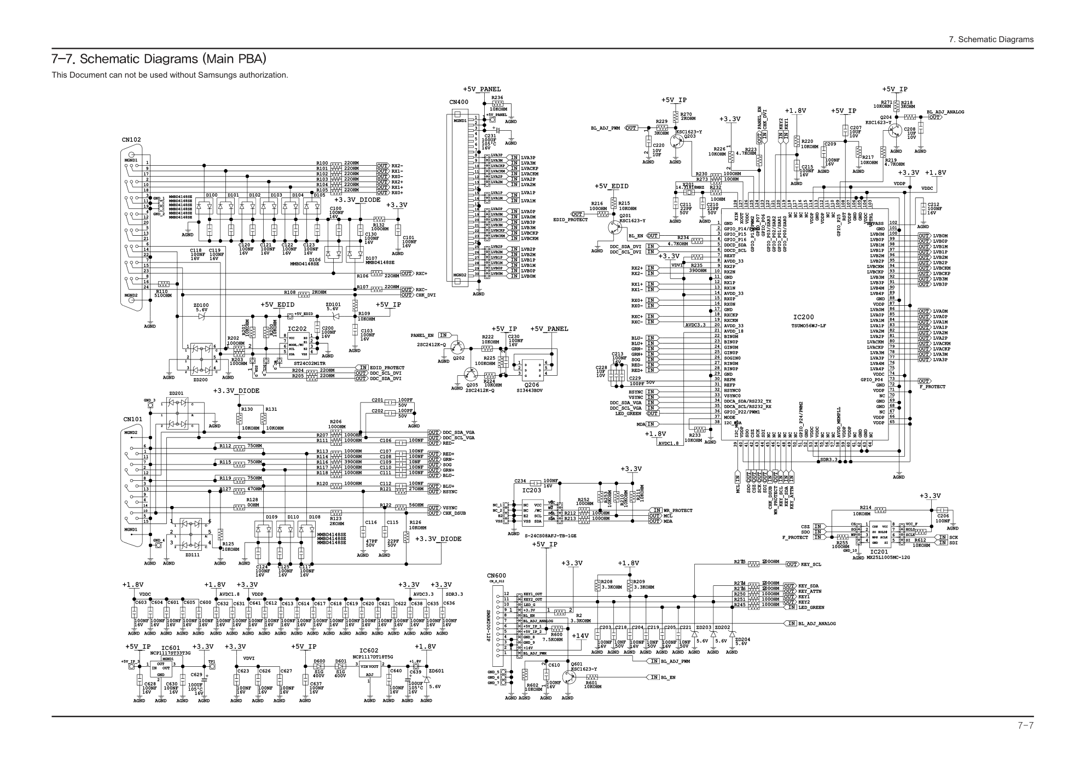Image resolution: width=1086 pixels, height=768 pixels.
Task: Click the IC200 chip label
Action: click(803, 317)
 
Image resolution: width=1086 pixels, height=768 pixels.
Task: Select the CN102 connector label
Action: click(131, 140)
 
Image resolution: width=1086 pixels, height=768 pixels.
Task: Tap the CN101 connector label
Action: click(133, 420)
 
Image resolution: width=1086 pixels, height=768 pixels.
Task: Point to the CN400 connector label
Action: click(458, 102)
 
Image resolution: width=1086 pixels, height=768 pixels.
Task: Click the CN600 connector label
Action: click(497, 575)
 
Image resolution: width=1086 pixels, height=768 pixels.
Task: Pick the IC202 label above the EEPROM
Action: click(297, 329)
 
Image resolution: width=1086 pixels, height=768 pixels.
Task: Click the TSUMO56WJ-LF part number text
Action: click(809, 326)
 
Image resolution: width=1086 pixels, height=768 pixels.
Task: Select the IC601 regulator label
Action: click(171, 648)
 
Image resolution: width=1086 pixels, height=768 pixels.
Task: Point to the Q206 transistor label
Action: click(531, 385)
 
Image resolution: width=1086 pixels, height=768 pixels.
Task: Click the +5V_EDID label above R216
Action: click(611, 187)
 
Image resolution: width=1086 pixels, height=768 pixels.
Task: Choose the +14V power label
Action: click(580, 636)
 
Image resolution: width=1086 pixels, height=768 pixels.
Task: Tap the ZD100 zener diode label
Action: click(201, 305)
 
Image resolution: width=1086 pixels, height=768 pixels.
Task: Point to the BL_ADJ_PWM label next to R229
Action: click(605, 128)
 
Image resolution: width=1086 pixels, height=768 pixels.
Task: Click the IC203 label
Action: click(531, 490)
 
